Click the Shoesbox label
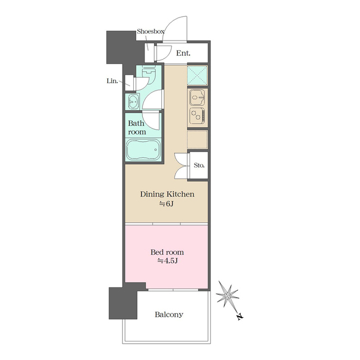pyautogui.click(x=151, y=31)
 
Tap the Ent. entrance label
pyautogui.click(x=183, y=53)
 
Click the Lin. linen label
pyautogui.click(x=112, y=81)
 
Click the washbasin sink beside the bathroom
pyautogui.click(x=133, y=101)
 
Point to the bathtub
pyautogui.click(x=143, y=149)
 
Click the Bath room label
pyautogui.click(x=137, y=128)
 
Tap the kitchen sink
pyautogui.click(x=197, y=97)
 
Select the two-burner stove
pyautogui.click(x=197, y=115)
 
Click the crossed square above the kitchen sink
pyautogui.click(x=197, y=75)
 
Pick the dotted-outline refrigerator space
pyautogui.click(x=197, y=139)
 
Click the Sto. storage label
pyautogui.click(x=199, y=165)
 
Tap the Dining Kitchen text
pyautogui.click(x=167, y=194)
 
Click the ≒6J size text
pyautogui.click(x=166, y=204)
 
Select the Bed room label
pyautogui.click(x=167, y=252)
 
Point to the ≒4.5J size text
pyautogui.click(x=167, y=261)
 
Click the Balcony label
pyautogui.click(x=169, y=314)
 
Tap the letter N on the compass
pyautogui.click(x=240, y=317)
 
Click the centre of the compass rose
pyautogui.click(x=227, y=295)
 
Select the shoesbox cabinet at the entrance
pyautogui.click(x=149, y=52)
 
